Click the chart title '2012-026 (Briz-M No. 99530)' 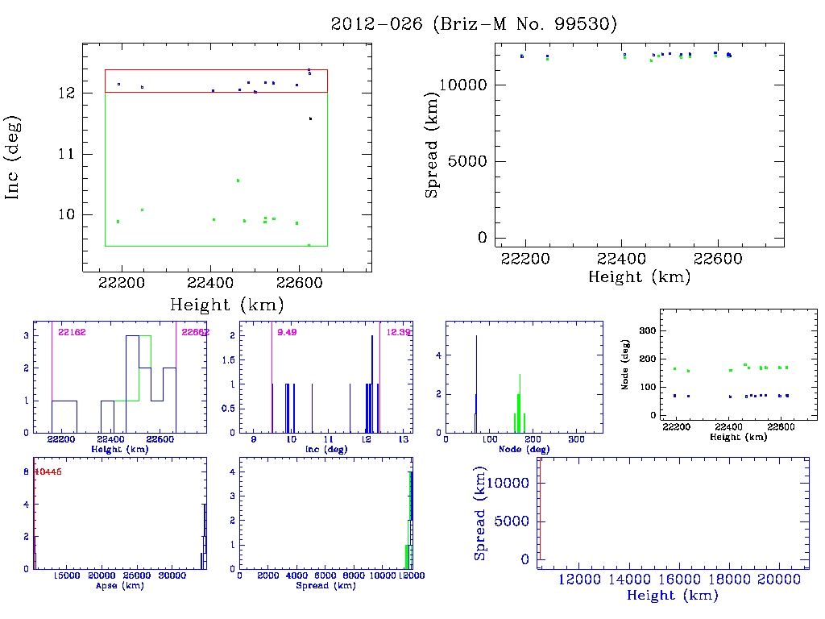[474, 23]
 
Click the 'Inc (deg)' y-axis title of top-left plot [14, 157]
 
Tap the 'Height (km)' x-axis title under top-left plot [226, 305]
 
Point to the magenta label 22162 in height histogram [73, 332]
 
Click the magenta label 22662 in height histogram [196, 332]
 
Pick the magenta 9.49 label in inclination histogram [286, 332]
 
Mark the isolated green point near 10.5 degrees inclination [238, 181]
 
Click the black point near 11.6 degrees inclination [310, 118]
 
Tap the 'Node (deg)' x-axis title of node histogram [524, 449]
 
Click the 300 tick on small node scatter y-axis [644, 330]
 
